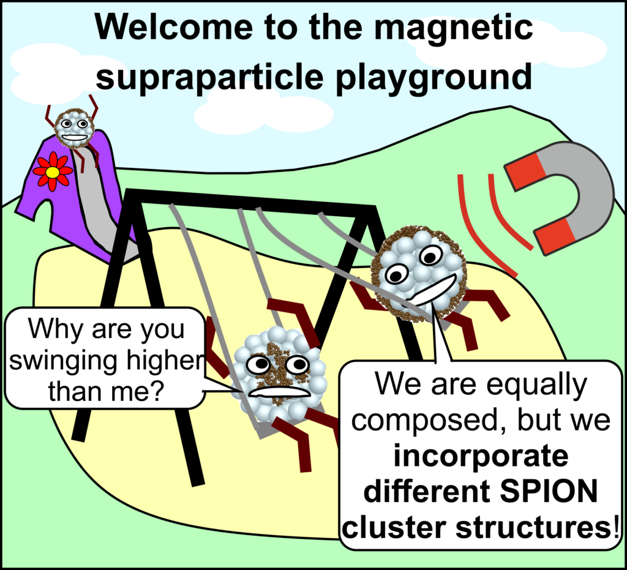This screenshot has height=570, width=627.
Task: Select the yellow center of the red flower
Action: [53, 173]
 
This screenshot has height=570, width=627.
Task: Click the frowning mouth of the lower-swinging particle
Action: [282, 391]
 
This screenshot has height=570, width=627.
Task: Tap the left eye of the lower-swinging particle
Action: [258, 364]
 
